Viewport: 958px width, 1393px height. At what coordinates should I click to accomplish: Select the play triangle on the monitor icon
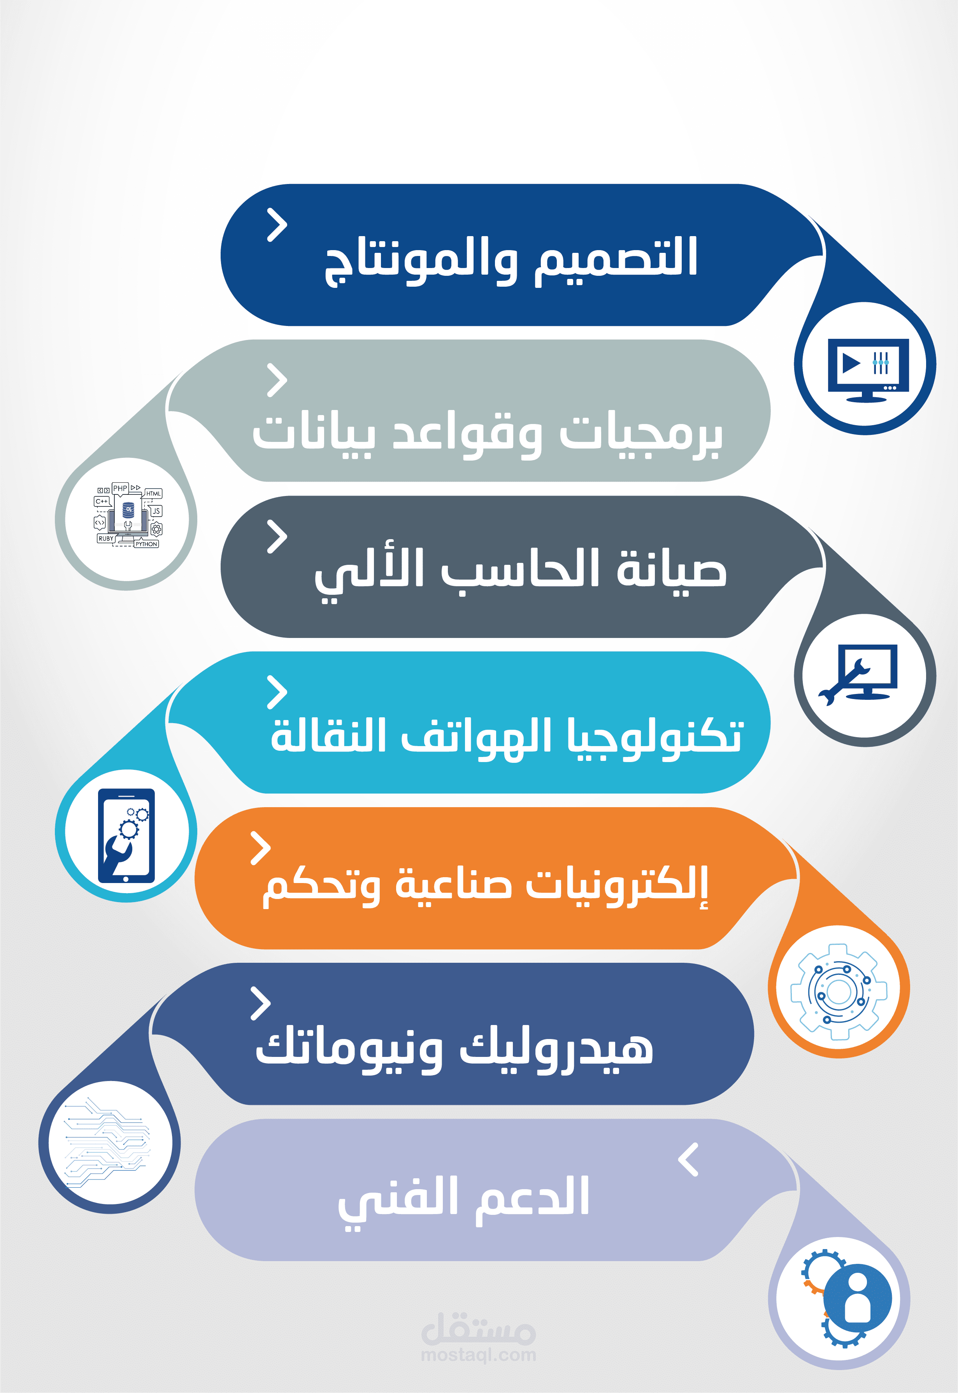tap(851, 363)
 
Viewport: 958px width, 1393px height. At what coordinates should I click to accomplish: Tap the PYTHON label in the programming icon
tap(146, 544)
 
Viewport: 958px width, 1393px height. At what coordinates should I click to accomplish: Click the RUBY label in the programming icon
tap(105, 539)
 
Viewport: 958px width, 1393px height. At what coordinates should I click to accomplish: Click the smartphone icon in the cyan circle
tap(126, 835)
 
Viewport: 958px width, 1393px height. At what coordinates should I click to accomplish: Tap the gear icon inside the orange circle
tap(839, 992)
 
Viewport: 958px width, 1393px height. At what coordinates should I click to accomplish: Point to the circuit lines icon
tap(108, 1143)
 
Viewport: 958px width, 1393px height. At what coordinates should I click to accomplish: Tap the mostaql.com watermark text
tap(478, 1354)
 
